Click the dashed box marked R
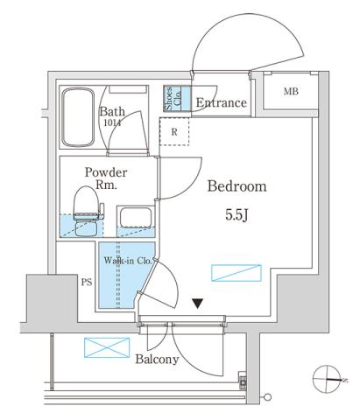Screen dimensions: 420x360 (x=173, y=132)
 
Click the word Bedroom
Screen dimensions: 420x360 (x=236, y=186)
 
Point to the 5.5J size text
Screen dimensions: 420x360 (x=236, y=213)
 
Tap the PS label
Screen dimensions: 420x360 (x=86, y=283)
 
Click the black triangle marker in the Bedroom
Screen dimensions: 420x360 (x=199, y=304)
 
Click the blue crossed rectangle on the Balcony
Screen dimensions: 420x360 (x=100, y=347)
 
